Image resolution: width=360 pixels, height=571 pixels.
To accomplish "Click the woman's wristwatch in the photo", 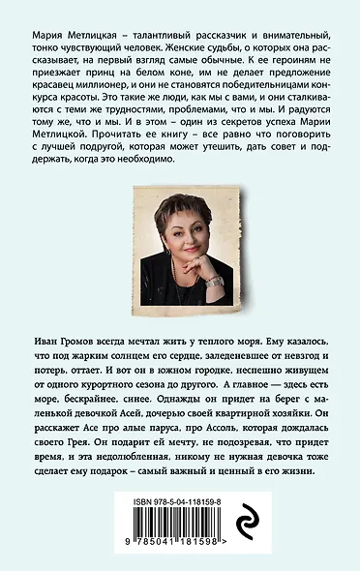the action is tap(214, 281).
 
